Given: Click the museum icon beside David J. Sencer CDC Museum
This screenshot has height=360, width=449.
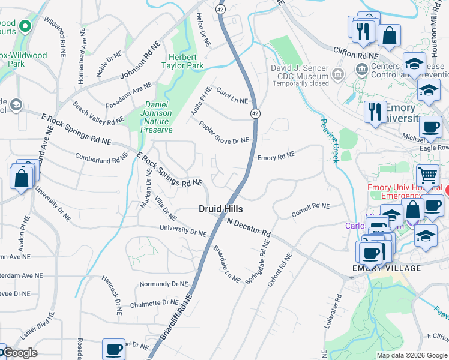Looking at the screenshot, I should pos(337,74).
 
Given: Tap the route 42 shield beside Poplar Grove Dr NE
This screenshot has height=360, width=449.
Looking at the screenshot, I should pos(255,113).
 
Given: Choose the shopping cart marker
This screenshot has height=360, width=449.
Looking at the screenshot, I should pos(427,176).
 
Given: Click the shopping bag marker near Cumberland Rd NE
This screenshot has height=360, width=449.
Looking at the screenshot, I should pos(21,178).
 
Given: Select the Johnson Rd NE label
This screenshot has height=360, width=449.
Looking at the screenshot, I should pos(141,60).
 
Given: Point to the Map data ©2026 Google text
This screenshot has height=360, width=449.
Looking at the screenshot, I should pos(412,355).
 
